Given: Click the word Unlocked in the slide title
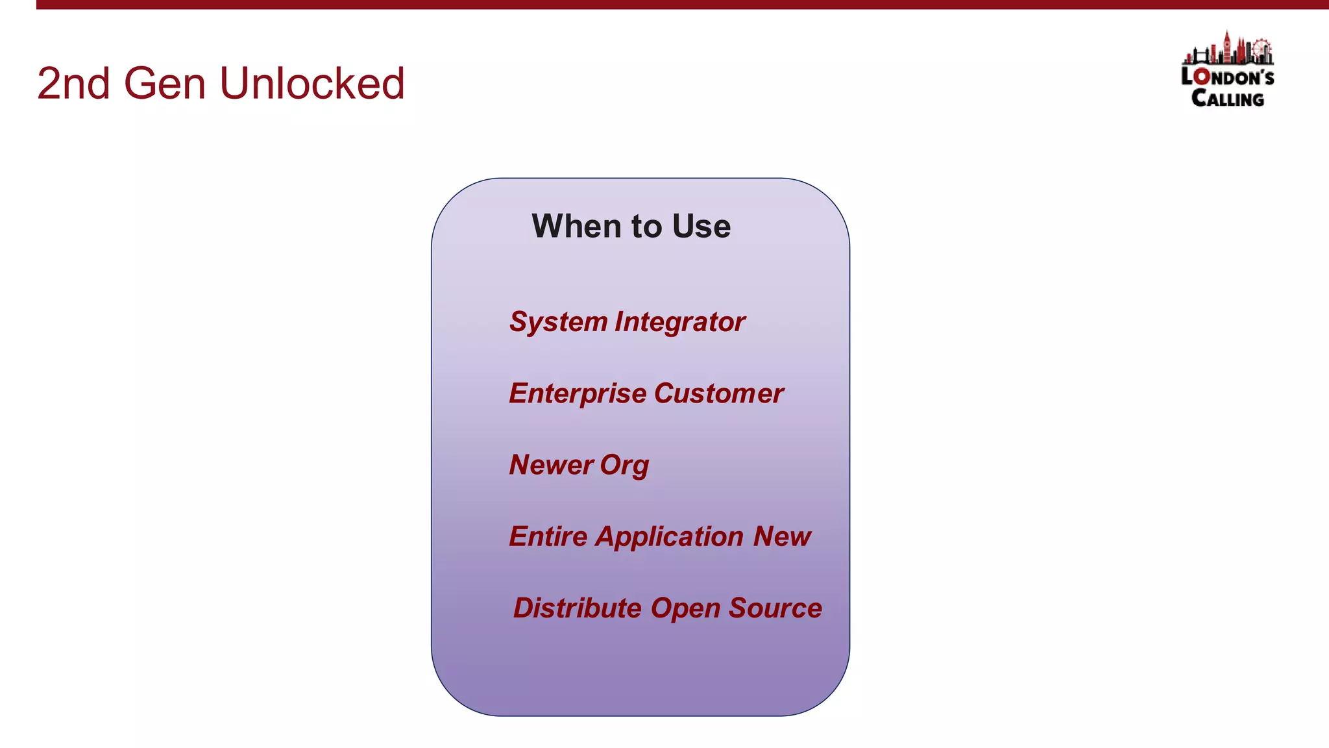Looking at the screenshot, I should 312,84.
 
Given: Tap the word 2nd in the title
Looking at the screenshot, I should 73,84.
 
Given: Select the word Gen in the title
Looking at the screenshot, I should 165,84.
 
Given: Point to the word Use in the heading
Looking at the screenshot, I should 701,227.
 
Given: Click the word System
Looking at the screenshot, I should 558,322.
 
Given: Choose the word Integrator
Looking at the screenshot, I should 680,322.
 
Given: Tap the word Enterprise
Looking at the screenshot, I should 578,393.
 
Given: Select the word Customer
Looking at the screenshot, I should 719,393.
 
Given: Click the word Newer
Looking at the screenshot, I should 551,465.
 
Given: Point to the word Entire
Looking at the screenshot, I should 548,536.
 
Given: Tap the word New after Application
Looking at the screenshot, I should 782,536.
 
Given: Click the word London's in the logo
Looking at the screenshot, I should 1227,77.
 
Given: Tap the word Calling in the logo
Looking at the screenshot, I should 1227,99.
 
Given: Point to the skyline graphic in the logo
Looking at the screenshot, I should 1228,49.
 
